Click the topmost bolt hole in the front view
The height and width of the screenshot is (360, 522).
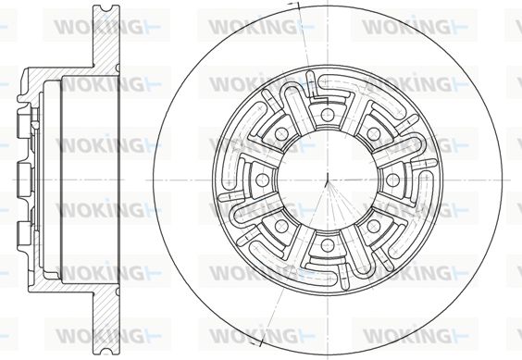328,115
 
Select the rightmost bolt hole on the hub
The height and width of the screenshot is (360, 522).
392,180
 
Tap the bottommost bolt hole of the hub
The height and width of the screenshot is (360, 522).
328,245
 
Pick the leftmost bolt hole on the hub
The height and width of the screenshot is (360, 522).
262,180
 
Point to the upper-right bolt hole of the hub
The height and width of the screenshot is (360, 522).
374,134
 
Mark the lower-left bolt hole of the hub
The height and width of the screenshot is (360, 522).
281,226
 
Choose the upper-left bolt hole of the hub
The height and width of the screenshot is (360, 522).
281,134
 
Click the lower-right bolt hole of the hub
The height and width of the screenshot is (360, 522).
374,226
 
